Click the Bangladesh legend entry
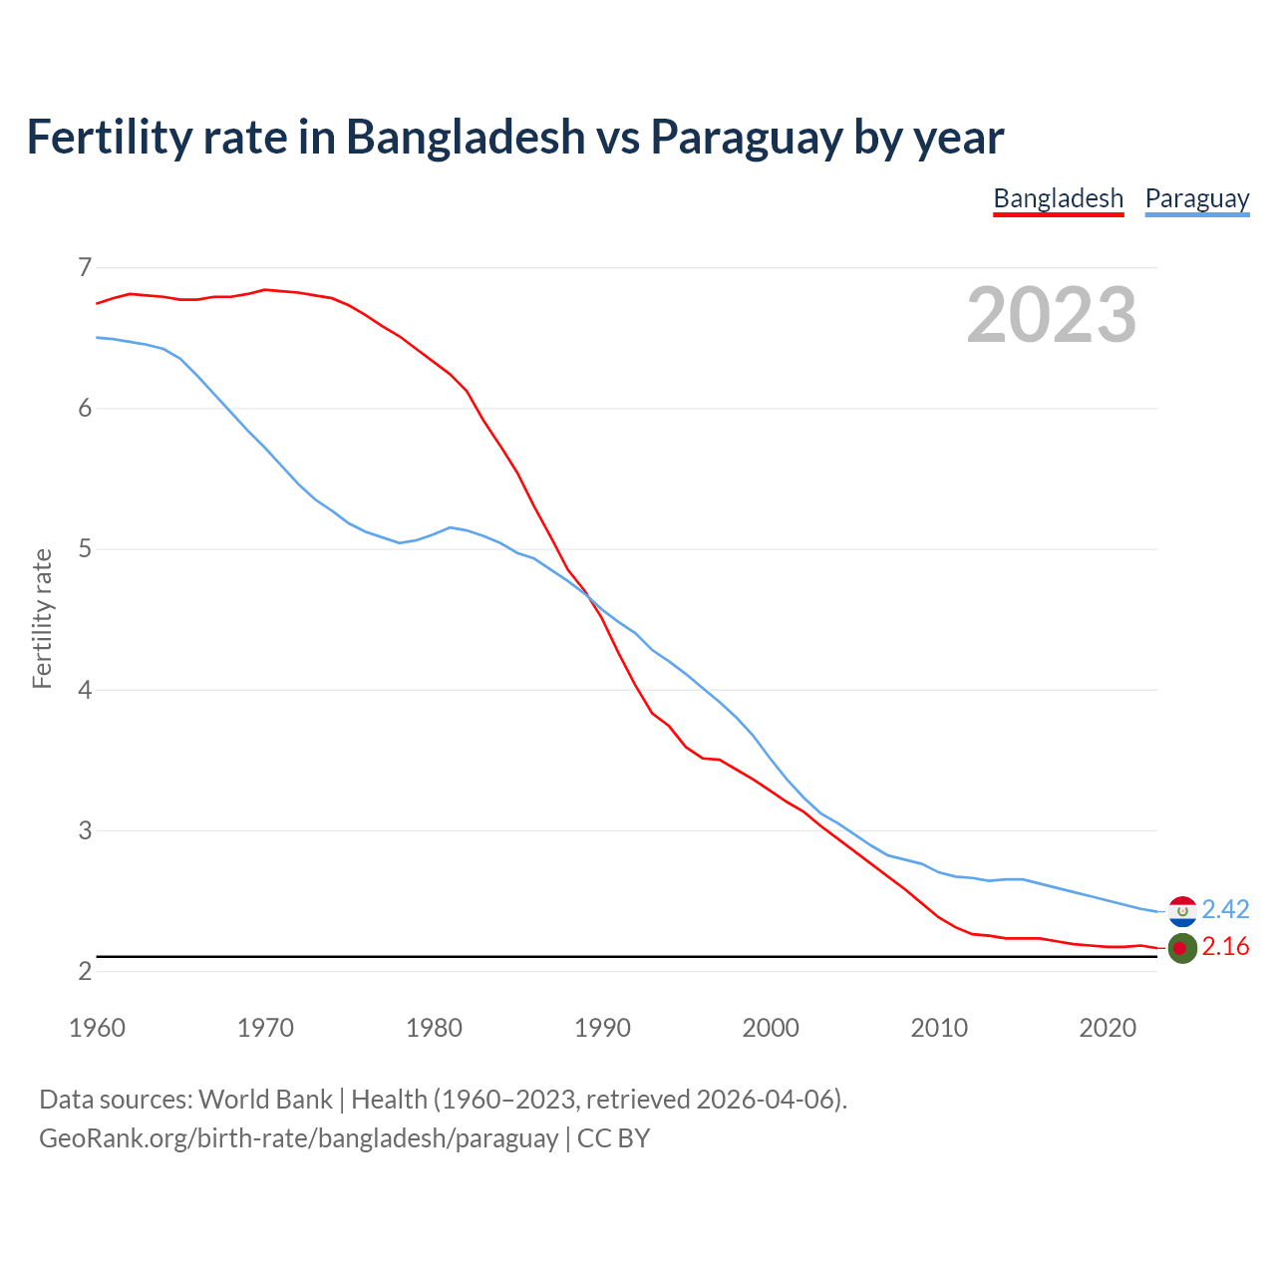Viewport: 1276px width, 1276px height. click(1058, 198)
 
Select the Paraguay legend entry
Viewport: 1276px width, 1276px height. click(1196, 198)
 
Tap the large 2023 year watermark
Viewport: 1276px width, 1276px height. click(1051, 315)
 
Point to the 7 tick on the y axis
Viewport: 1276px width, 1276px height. click(84, 267)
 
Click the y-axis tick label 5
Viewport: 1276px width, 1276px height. click(84, 549)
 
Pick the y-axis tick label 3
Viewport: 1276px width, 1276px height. click(84, 830)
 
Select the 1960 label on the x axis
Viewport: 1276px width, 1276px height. click(97, 1028)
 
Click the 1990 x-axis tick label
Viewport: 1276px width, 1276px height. click(602, 1028)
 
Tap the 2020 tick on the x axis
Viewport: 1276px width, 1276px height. click(1108, 1028)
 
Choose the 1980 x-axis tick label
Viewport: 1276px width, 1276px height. click(434, 1028)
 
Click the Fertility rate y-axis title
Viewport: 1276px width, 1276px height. click(42, 618)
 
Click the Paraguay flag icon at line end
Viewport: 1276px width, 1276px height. click(1182, 910)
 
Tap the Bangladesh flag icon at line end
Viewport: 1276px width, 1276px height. click(1182, 948)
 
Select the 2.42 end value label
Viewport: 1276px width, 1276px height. click(1225, 909)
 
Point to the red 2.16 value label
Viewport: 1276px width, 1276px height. click(1225, 947)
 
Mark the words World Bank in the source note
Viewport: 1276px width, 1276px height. click(265, 1100)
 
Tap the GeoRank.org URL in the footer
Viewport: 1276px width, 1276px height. click(298, 1138)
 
